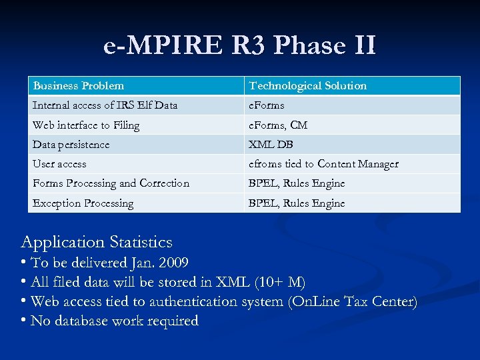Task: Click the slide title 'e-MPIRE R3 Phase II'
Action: (x=240, y=45)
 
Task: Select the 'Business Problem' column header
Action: (x=79, y=85)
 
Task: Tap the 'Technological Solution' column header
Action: (x=307, y=85)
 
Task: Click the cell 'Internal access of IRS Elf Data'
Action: (x=105, y=105)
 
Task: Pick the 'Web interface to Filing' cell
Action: (x=86, y=125)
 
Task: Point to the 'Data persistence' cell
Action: (x=71, y=145)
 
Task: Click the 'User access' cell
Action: (x=59, y=164)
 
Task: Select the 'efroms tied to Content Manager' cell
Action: (x=323, y=164)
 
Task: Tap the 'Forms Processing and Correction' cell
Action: (x=111, y=183)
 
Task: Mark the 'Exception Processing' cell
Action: (x=83, y=203)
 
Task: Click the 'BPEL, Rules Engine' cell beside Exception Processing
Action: (x=297, y=203)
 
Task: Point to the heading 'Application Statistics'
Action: (x=97, y=242)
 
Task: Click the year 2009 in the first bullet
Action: (x=174, y=262)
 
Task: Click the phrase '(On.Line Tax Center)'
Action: (x=353, y=302)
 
